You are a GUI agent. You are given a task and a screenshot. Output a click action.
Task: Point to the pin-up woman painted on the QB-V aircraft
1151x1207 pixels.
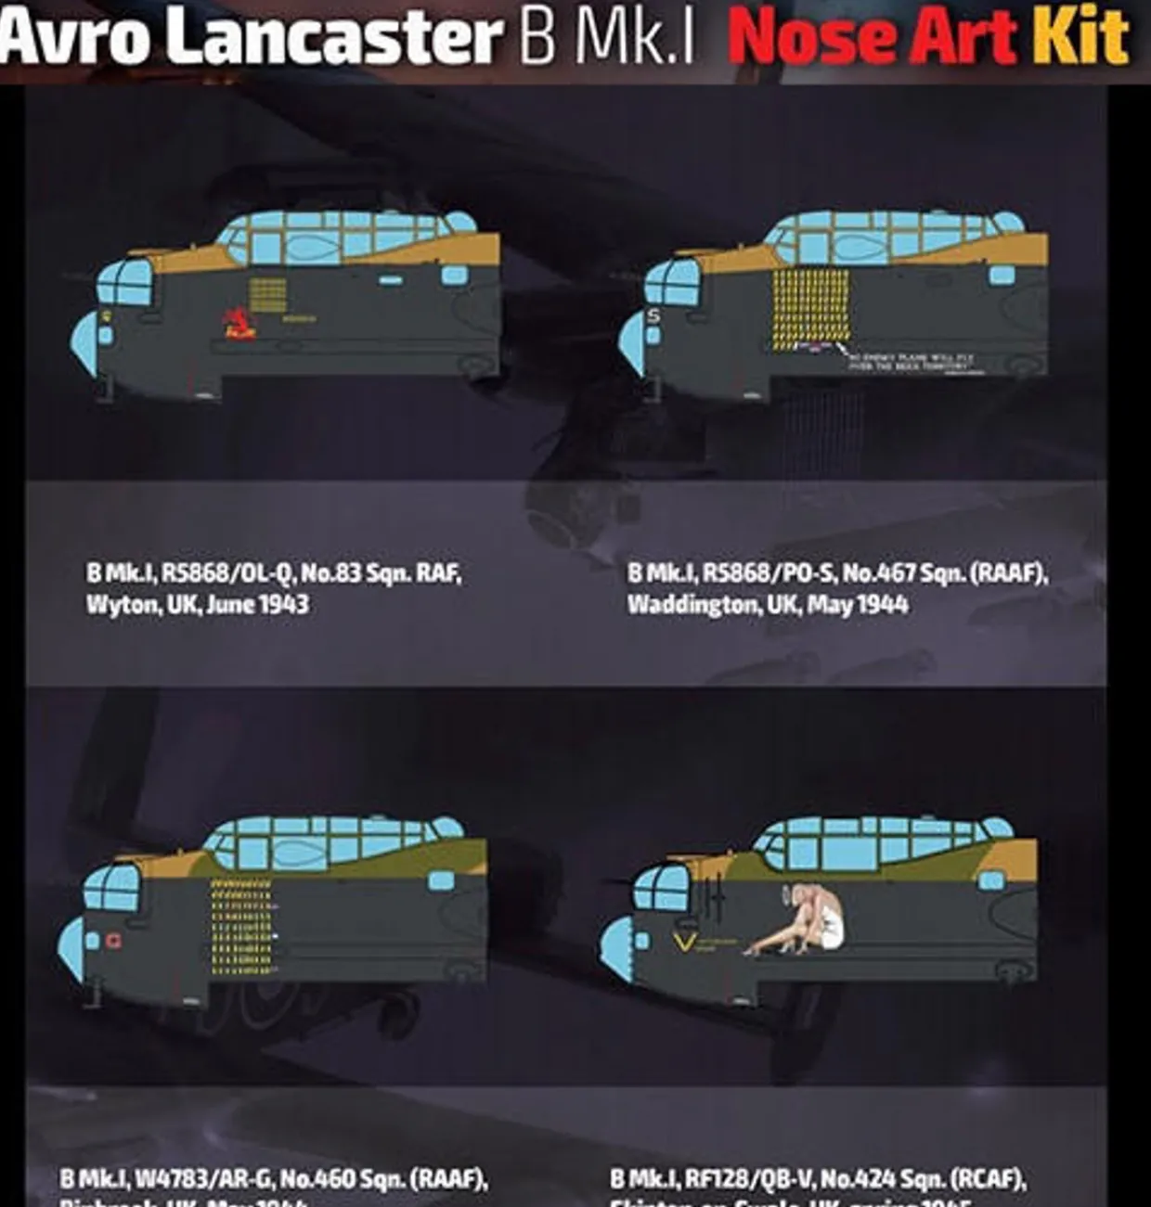[808, 918]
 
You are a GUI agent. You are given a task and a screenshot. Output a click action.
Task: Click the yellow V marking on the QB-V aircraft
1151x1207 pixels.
[685, 944]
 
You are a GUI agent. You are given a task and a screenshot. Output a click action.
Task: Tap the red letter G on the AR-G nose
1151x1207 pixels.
[113, 941]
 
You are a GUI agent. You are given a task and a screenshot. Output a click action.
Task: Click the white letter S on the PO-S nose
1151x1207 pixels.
[653, 316]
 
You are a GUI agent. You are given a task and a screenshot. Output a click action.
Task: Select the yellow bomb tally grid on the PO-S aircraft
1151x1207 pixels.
[810, 306]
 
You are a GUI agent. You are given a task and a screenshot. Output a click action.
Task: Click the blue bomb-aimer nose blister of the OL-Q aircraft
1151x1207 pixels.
[84, 341]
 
